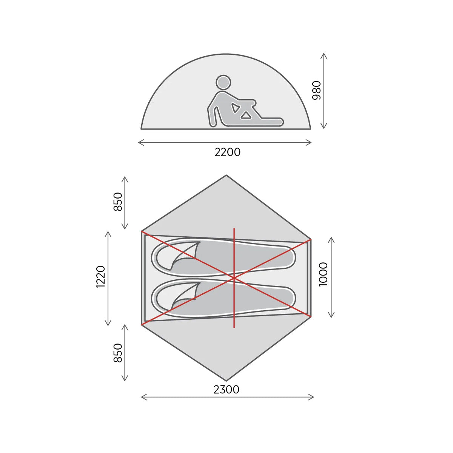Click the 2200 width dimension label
pyautogui.click(x=227, y=152)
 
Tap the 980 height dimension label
pyautogui.click(x=317, y=90)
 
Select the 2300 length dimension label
pyautogui.click(x=226, y=389)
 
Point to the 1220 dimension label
pyautogui.click(x=100, y=277)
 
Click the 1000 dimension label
pyautogui.click(x=323, y=274)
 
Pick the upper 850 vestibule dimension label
pyautogui.click(x=118, y=202)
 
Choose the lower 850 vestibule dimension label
pyautogui.click(x=118, y=353)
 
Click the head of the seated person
pyautogui.click(x=223, y=82)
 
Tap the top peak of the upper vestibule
pyautogui.click(x=226, y=176)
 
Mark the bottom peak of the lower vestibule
pyautogui.click(x=226, y=380)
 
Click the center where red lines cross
pyautogui.click(x=234, y=278)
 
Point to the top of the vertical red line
pyautogui.click(x=234, y=229)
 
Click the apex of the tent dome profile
pyautogui.click(x=226, y=54)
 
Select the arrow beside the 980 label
pyautogui.click(x=324, y=91)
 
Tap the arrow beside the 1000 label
pyautogui.click(x=331, y=277)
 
